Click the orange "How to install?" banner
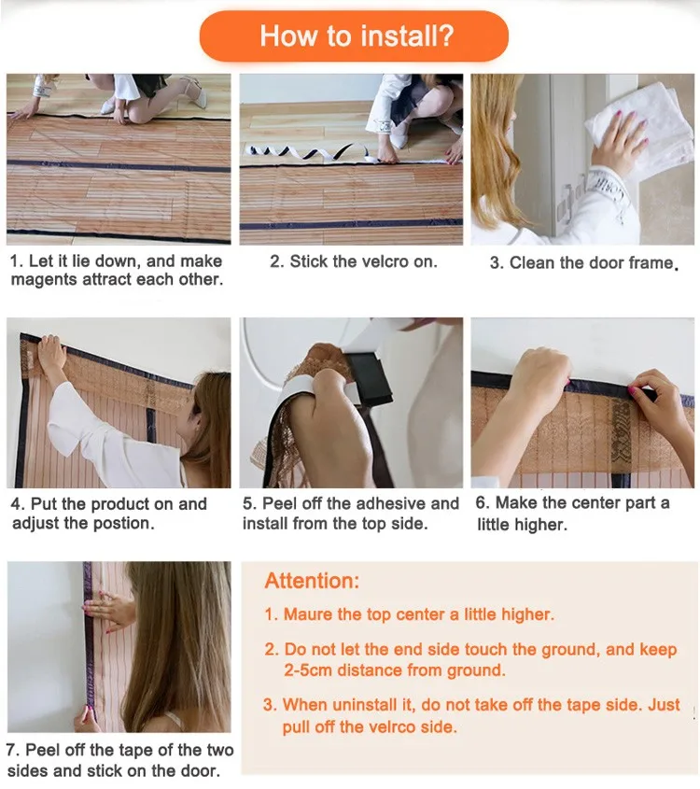pos(354,36)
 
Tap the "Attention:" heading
pos(312,581)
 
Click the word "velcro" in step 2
pos(374,261)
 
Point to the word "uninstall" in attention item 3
pos(365,705)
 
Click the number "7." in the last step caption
pos(13,751)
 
